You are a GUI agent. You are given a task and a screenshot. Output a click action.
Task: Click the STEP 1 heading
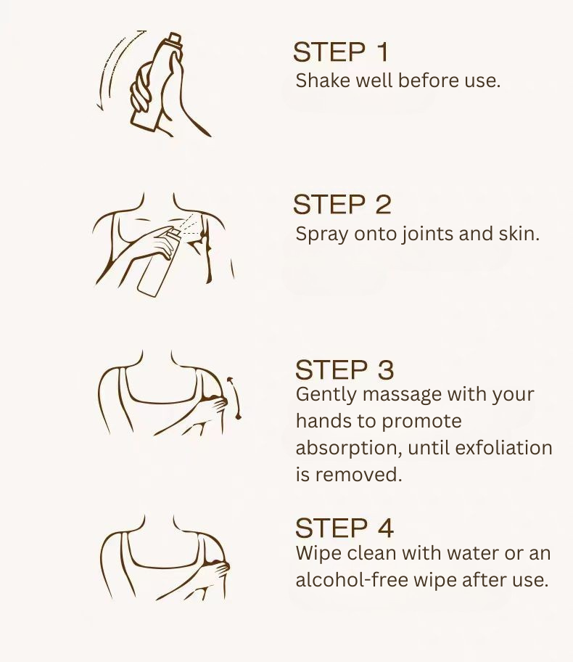[341, 52]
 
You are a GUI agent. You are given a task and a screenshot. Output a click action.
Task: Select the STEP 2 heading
[342, 205]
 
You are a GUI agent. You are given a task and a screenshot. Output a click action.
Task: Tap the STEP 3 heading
[344, 370]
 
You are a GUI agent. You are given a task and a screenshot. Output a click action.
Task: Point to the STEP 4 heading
[344, 528]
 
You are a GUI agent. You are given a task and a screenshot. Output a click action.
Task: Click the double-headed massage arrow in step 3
[233, 398]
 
